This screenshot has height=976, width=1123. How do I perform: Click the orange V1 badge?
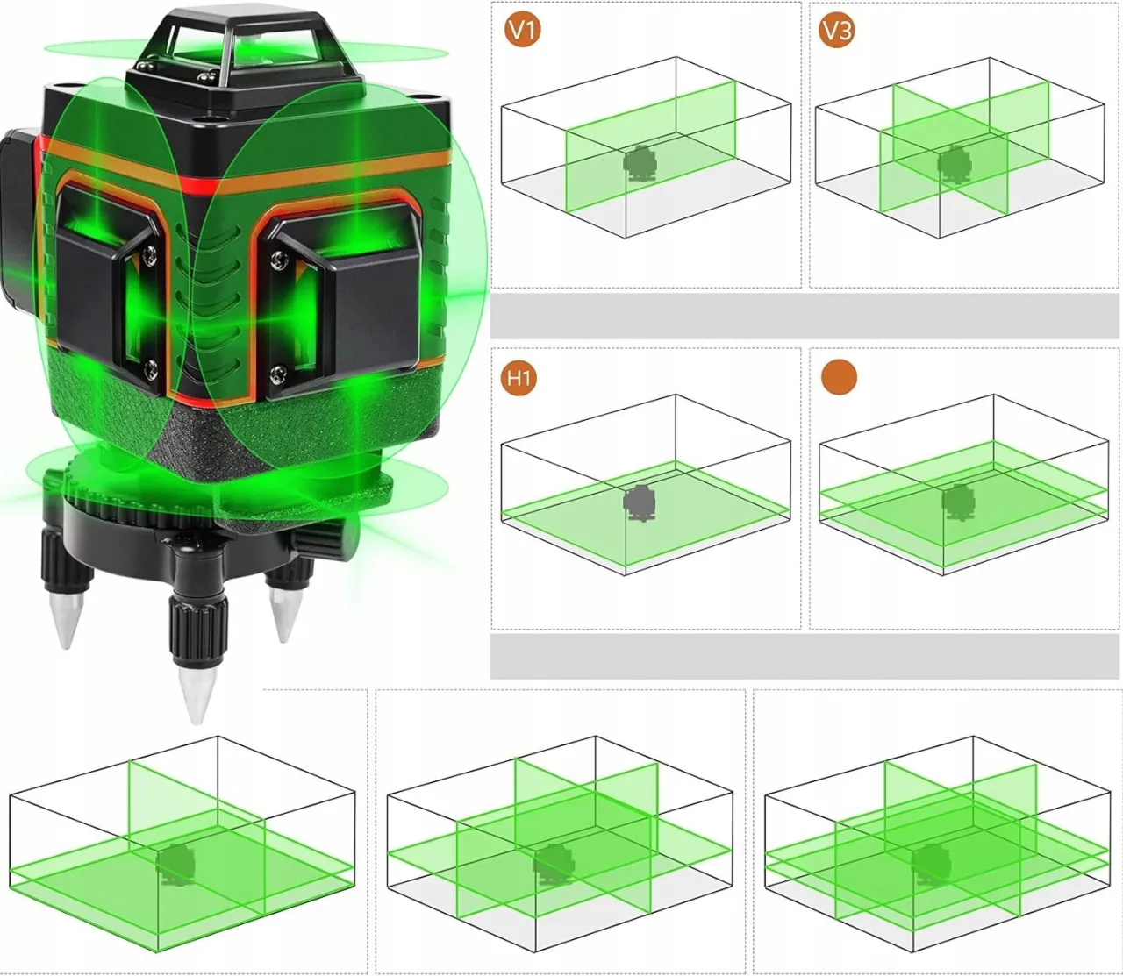click(x=522, y=32)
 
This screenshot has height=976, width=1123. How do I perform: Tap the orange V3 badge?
click(x=836, y=32)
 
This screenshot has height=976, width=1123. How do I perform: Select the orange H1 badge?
click(x=519, y=378)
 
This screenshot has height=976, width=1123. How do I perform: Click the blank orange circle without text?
click(x=839, y=377)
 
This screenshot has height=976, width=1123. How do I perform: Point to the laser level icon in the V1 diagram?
click(x=640, y=163)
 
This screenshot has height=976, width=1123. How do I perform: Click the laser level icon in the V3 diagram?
click(x=954, y=163)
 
